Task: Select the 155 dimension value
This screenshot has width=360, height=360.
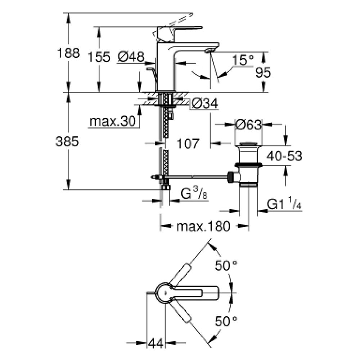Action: point(99,57)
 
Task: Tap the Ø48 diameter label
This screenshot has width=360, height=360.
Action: point(131,57)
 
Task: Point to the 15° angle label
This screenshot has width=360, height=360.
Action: point(243,60)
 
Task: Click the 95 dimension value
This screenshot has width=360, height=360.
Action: point(263,73)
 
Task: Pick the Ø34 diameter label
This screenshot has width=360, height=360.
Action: point(205,104)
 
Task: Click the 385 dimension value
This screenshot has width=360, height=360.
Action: point(67,142)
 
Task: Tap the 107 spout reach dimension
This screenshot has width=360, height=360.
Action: point(188,144)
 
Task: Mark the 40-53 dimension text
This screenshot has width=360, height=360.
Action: point(284,156)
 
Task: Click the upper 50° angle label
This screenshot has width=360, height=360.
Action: point(226,266)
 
